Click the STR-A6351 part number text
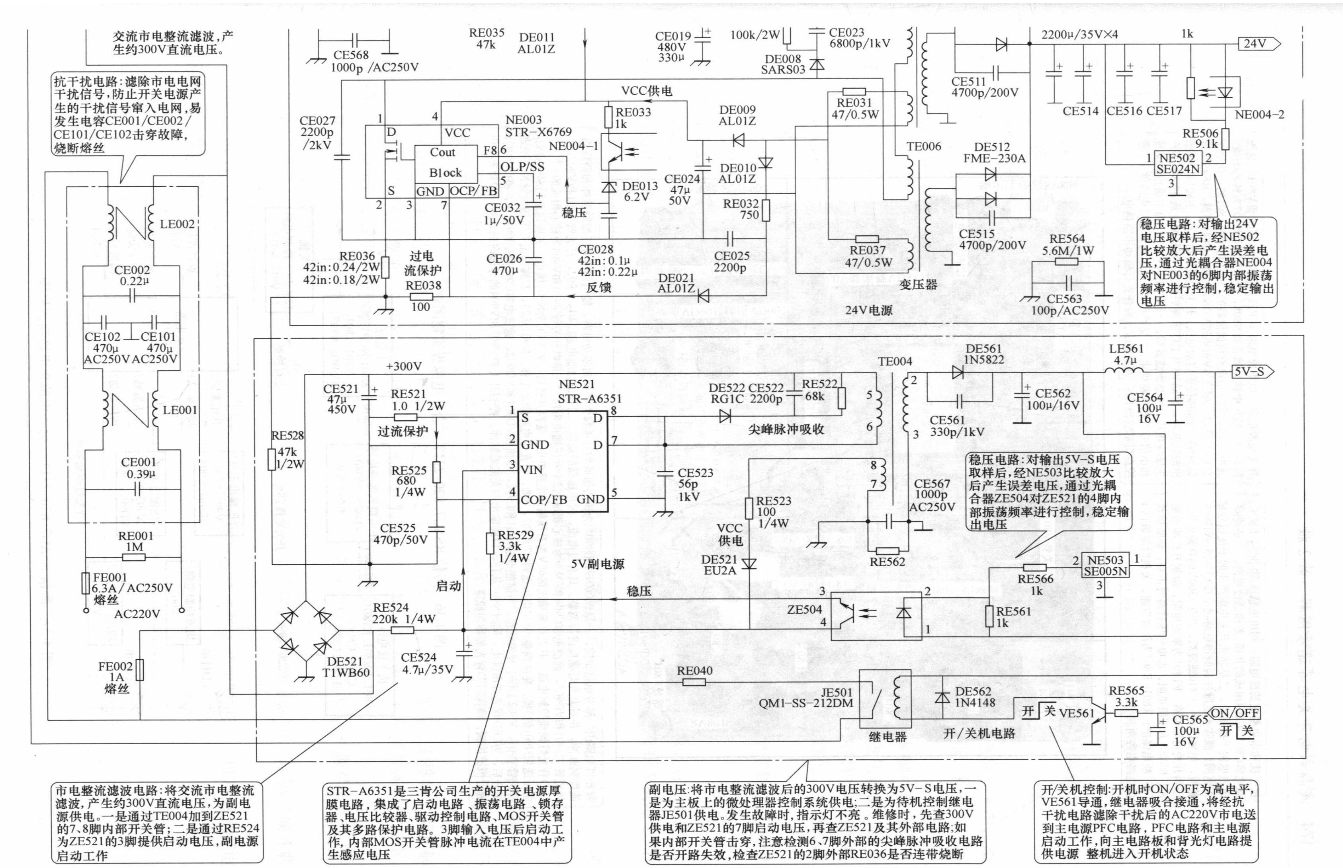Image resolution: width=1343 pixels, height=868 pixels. point(590,398)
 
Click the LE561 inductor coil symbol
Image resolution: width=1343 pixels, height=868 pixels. point(1124,371)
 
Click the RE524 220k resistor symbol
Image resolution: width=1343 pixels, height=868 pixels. point(402,630)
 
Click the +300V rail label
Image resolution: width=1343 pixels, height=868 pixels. point(404,367)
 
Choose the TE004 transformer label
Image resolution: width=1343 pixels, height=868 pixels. point(894,361)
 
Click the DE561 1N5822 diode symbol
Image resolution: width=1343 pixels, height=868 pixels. point(957,372)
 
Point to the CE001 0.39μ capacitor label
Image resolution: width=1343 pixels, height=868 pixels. point(139,468)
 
